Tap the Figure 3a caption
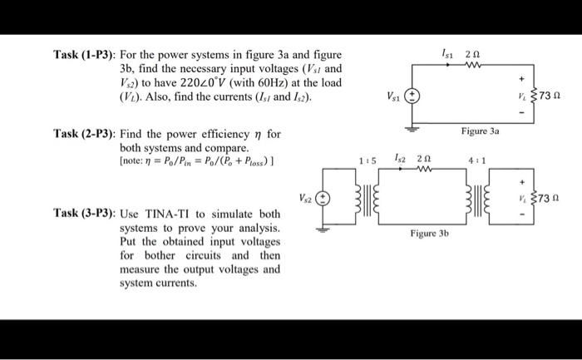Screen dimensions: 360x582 click(478, 131)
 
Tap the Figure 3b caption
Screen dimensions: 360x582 click(429, 234)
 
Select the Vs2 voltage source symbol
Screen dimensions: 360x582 click(326, 199)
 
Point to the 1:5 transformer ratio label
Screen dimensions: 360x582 click(367, 160)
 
